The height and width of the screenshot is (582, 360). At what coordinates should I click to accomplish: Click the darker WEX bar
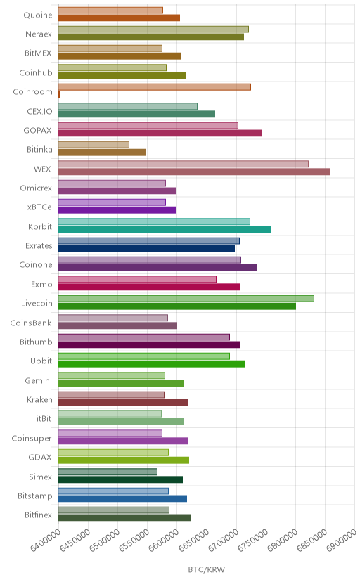pyautogui.click(x=194, y=172)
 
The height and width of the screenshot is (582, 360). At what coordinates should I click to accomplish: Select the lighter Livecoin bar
pyautogui.click(x=186, y=299)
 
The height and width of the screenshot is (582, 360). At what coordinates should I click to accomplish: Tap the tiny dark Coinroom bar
pyautogui.click(x=59, y=95)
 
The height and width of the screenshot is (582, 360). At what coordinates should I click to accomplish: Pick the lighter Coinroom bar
pyautogui.click(x=155, y=87)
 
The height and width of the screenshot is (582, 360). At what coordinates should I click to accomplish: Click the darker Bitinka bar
pyautogui.click(x=102, y=153)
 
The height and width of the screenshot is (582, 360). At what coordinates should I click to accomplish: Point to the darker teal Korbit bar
pyautogui.click(x=165, y=229)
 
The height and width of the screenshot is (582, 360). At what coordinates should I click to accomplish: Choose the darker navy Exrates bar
pyautogui.click(x=146, y=248)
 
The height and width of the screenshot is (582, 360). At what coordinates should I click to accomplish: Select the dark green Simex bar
pyautogui.click(x=120, y=479)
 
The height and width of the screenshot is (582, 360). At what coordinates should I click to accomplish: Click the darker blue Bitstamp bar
pyautogui.click(x=122, y=498)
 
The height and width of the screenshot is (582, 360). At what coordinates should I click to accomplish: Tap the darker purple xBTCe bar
pyautogui.click(x=117, y=209)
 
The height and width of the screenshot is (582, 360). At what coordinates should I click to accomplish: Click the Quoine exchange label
pyautogui.click(x=38, y=15)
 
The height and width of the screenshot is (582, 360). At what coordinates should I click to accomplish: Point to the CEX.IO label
pyautogui.click(x=39, y=111)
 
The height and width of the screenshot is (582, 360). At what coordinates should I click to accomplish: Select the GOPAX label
pyautogui.click(x=37, y=131)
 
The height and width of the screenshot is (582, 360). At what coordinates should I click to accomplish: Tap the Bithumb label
pyautogui.click(x=36, y=342)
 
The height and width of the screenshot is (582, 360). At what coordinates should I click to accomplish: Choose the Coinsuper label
pyautogui.click(x=32, y=439)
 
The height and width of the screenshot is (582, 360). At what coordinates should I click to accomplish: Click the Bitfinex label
pyautogui.click(x=38, y=515)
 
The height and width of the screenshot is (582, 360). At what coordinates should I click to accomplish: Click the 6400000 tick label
pyautogui.click(x=45, y=541)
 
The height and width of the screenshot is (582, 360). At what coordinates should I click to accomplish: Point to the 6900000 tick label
pyautogui.click(x=342, y=541)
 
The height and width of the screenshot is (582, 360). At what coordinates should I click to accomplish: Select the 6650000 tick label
pyautogui.click(x=193, y=541)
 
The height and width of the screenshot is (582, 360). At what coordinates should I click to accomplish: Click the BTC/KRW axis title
pyautogui.click(x=206, y=570)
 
